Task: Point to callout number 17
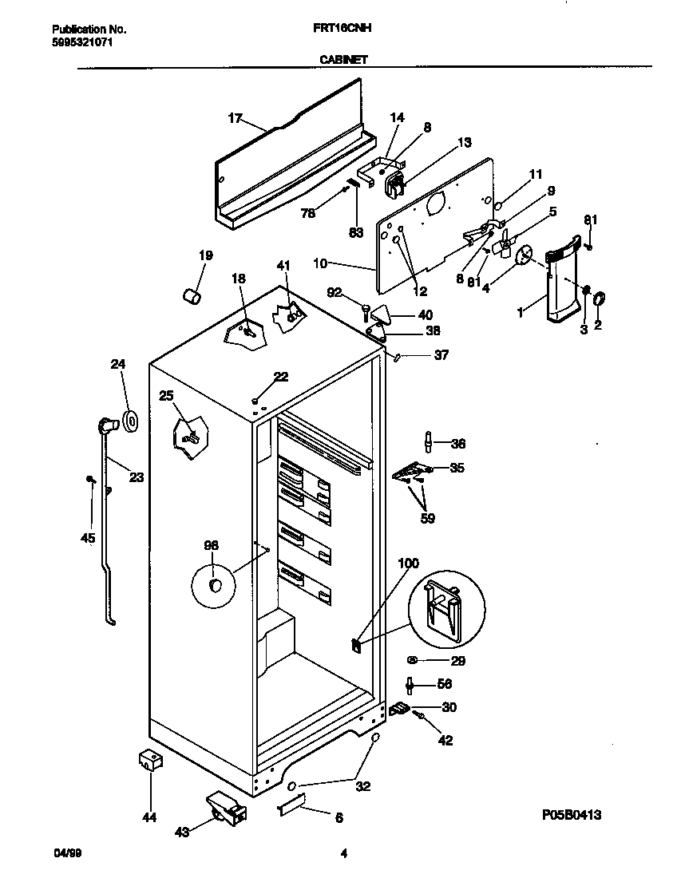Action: (235, 118)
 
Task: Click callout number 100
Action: (407, 564)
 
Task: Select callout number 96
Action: (211, 546)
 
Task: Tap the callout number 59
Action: (428, 519)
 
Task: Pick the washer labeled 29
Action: (413, 660)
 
